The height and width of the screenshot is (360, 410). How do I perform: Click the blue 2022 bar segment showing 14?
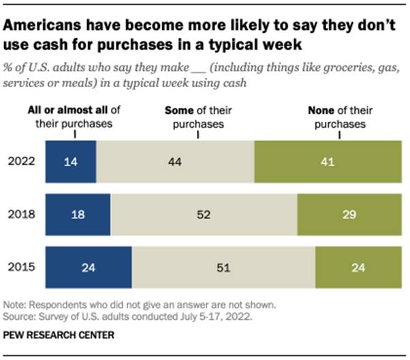pyautogui.click(x=70, y=162)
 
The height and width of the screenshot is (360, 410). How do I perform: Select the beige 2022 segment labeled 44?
pyautogui.click(x=174, y=162)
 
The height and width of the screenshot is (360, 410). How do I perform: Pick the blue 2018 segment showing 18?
pyautogui.click(x=77, y=214)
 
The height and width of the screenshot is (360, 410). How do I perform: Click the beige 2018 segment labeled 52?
pyautogui.click(x=204, y=214)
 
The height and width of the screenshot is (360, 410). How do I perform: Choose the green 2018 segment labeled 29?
pyautogui.click(x=349, y=214)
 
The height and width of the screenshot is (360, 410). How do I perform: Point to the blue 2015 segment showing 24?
pyautogui.click(x=88, y=266)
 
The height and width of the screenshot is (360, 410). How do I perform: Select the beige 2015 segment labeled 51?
pyautogui.click(x=223, y=266)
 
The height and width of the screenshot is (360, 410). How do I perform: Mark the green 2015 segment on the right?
pyautogui.click(x=358, y=266)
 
